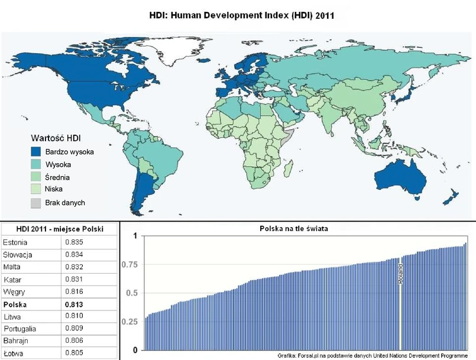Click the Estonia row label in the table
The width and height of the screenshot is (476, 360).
tap(15, 242)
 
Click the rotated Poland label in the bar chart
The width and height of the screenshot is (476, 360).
tap(400, 273)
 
